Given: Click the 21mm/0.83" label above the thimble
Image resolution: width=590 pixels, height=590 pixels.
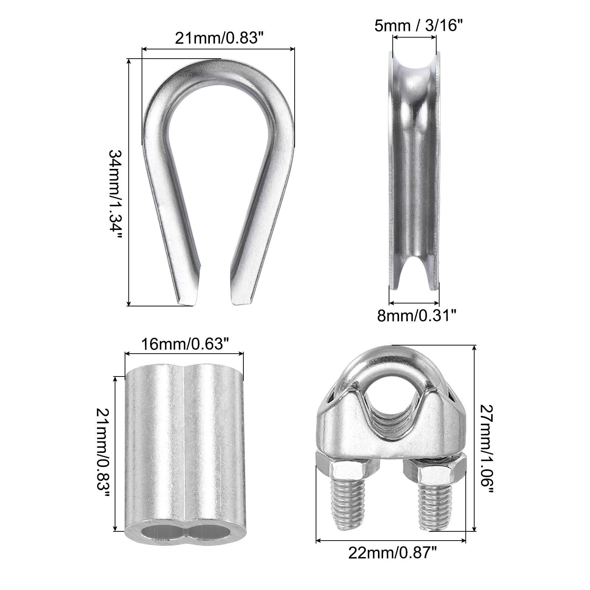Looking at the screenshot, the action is click(218, 38).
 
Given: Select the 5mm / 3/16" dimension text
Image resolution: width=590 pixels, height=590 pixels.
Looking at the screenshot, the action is click(418, 26).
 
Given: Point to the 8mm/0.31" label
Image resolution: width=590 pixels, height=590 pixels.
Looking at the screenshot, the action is click(417, 316).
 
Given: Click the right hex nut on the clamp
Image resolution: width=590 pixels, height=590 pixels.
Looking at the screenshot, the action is click(435, 469).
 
